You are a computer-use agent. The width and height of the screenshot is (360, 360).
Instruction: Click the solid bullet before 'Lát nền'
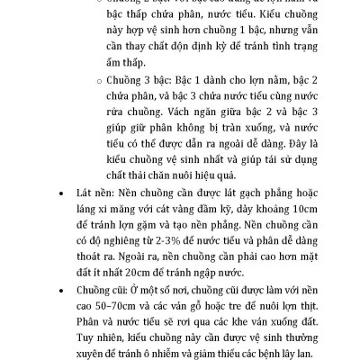pyautogui.click(x=60, y=191)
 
